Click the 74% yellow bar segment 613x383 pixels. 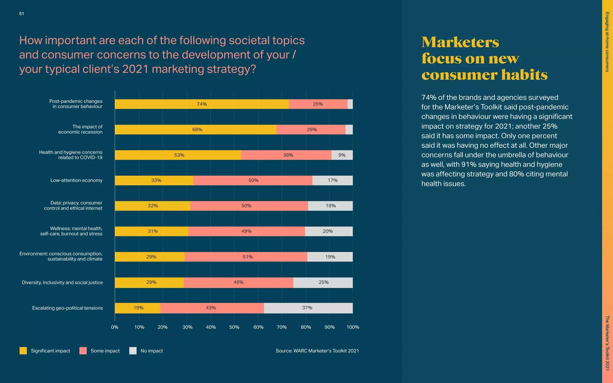(202, 104)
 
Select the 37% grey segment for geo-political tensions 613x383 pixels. (308, 308)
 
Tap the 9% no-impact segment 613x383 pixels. (342, 155)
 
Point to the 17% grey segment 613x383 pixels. (333, 180)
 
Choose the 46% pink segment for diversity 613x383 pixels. (239, 282)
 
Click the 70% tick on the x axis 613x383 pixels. (282, 327)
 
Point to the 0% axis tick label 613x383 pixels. (115, 327)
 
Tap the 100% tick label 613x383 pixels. (353, 327)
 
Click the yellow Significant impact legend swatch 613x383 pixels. (23, 351)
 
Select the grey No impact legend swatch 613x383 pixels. (133, 351)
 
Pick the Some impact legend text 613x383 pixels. (105, 351)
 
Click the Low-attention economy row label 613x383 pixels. (76, 180)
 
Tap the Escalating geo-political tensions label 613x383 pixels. (67, 308)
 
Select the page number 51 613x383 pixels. (22, 14)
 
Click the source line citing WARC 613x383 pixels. (317, 351)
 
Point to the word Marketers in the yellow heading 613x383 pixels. (460, 42)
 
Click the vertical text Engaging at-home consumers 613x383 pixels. (607, 42)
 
